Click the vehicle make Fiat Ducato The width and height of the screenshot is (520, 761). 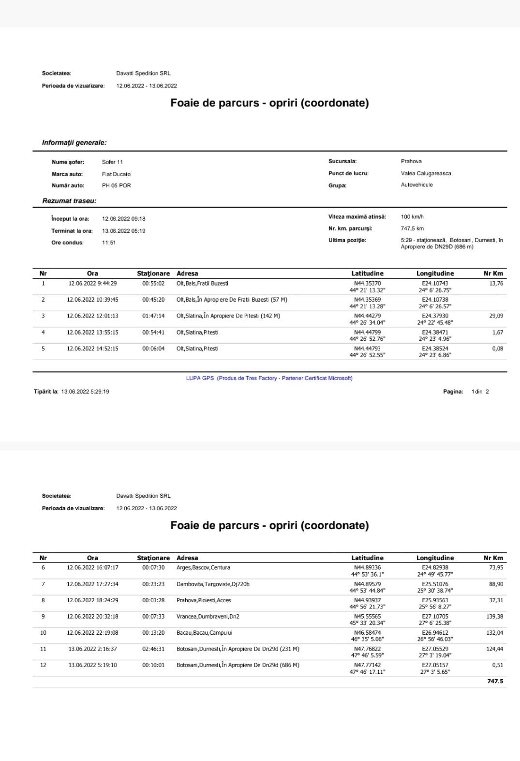click(x=116, y=174)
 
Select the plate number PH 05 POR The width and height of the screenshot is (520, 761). click(x=116, y=185)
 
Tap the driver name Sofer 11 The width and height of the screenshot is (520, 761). click(x=112, y=162)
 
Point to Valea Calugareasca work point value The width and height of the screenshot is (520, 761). click(x=426, y=173)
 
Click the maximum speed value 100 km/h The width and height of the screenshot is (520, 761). click(x=412, y=217)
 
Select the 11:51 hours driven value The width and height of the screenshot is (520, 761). click(x=108, y=243)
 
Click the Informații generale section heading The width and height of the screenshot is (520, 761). click(x=74, y=143)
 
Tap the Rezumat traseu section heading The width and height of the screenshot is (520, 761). click(x=69, y=201)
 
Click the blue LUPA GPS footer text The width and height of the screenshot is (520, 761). click(x=269, y=378)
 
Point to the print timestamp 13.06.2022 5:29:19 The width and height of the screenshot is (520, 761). click(x=85, y=392)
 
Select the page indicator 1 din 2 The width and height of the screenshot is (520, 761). click(x=480, y=392)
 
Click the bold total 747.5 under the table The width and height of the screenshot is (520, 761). click(x=495, y=681)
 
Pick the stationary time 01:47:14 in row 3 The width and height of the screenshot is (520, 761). click(x=153, y=316)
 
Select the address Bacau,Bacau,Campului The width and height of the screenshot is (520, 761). click(x=204, y=633)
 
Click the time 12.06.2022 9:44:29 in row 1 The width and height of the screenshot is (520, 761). click(x=92, y=284)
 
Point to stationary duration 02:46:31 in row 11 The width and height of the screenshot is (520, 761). click(x=153, y=649)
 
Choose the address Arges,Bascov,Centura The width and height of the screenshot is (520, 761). click(x=203, y=568)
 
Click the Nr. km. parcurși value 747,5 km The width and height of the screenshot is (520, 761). click(x=412, y=228)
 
